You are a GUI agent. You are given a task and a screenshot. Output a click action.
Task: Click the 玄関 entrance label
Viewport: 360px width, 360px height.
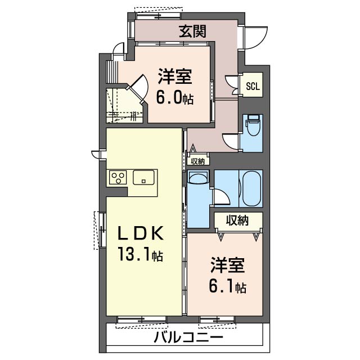pos(192,31)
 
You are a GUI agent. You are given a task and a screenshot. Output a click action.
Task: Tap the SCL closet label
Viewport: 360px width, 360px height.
pos(253,86)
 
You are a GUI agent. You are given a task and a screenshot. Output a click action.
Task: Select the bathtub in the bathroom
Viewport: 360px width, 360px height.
pos(252,189)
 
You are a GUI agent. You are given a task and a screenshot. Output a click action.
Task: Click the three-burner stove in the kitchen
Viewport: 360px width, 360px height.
pos(118,177)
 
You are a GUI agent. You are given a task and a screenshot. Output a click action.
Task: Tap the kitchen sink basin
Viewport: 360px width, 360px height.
pos(143,177)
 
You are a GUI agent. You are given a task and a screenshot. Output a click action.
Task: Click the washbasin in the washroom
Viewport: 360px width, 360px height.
pos(198,177)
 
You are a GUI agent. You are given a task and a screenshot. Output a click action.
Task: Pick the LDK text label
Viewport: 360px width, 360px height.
pos(141,233)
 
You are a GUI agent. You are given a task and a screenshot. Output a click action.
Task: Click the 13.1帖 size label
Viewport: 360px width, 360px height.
pos(141,254)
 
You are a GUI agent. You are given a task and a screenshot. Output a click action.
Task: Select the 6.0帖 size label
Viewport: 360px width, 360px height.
pos(175,97)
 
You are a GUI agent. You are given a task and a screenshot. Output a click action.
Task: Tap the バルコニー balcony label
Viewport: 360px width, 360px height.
pos(188,337)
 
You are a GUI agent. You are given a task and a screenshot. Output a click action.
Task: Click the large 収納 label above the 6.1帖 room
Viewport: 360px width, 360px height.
pos(237,220)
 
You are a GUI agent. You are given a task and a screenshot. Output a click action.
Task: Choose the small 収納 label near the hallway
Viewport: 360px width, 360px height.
pos(197,161)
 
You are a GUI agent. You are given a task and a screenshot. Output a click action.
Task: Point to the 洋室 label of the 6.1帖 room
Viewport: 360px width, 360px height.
pos(227,265)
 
